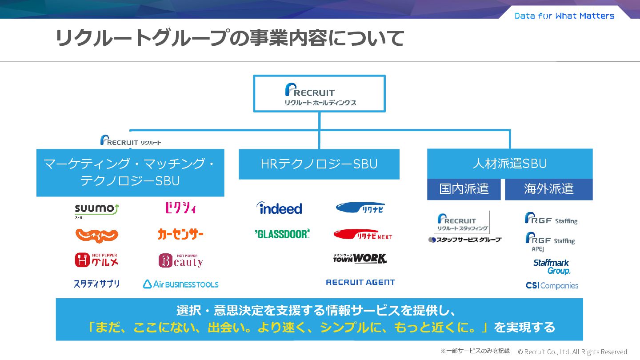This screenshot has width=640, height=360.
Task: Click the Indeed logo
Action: click(x=279, y=208)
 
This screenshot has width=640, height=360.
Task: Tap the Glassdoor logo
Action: click(x=282, y=234)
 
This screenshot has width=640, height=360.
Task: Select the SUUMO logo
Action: click(x=96, y=210)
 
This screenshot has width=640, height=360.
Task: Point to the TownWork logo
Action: click(x=360, y=258)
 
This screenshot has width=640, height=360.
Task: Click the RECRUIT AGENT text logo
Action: click(x=360, y=282)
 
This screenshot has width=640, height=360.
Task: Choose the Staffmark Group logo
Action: click(x=552, y=267)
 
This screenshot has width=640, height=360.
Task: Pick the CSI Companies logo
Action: click(x=552, y=286)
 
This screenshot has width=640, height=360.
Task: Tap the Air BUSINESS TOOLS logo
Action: click(x=180, y=284)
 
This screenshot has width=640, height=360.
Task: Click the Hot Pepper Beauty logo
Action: click(x=180, y=260)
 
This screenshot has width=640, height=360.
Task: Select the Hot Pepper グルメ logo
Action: click(x=96, y=260)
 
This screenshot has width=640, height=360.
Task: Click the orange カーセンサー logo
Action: click(x=180, y=234)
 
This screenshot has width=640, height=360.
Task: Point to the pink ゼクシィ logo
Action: click(x=180, y=208)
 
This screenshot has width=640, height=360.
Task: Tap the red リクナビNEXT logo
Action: click(x=363, y=235)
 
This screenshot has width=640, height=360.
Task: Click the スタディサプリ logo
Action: click(x=96, y=284)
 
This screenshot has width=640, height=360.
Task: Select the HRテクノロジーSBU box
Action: click(x=319, y=164)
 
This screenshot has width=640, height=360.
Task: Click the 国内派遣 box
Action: click(x=464, y=189)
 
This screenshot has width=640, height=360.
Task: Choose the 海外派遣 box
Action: click(x=548, y=189)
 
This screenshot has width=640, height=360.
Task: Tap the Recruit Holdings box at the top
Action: click(x=319, y=93)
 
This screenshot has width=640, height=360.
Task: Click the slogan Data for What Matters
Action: click(x=564, y=16)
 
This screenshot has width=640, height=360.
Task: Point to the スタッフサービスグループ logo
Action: click(x=464, y=240)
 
